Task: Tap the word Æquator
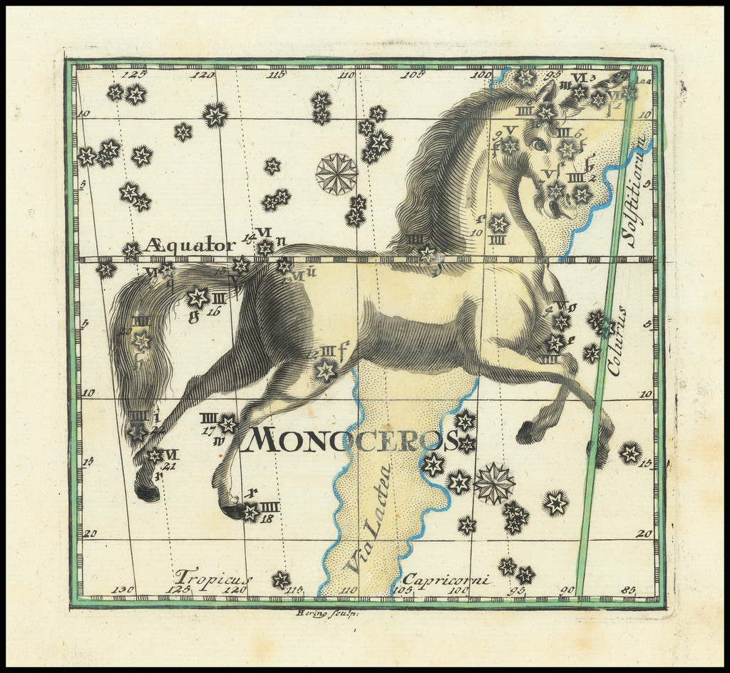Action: [x=190, y=246]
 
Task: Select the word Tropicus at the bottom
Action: [x=213, y=577]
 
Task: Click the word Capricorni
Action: [x=446, y=580]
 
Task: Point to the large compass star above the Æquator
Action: [x=336, y=174]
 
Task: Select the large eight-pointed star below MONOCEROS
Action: [x=494, y=483]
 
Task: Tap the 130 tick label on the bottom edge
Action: [x=123, y=590]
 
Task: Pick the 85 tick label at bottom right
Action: [x=629, y=590]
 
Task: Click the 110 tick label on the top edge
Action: [x=346, y=75]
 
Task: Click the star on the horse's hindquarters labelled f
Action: [x=326, y=369]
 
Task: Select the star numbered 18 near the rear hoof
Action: [x=251, y=511]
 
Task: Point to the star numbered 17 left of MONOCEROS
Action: [x=227, y=424]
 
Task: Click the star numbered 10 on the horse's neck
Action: [x=498, y=223]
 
